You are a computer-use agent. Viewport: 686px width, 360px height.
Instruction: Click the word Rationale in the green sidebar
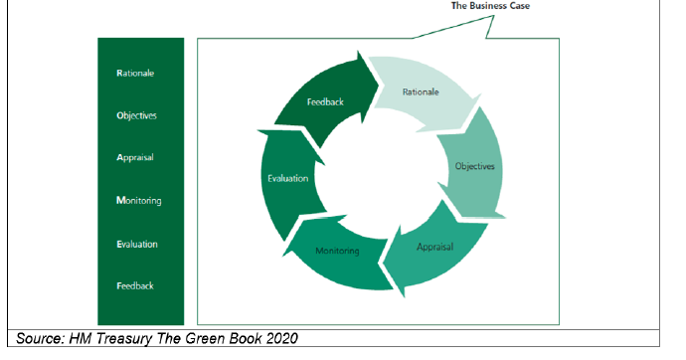135,74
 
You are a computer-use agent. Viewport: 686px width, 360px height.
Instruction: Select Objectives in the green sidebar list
137,115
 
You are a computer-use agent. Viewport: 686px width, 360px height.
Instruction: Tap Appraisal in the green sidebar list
135,158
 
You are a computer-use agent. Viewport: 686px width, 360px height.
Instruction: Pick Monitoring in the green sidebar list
138,201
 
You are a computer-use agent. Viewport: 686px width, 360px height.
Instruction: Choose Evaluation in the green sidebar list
137,244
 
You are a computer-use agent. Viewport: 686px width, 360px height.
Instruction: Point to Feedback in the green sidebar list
135,286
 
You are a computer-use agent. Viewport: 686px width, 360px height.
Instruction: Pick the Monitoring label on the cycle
338,251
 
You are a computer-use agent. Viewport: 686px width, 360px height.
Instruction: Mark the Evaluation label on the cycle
288,179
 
